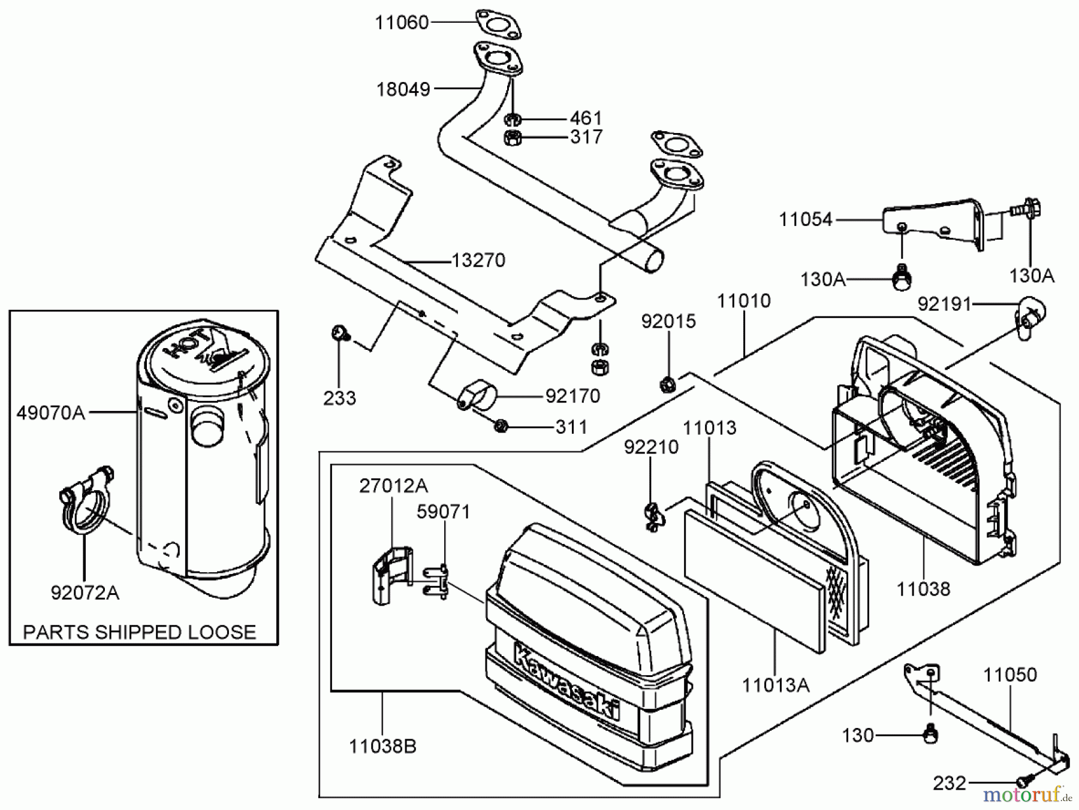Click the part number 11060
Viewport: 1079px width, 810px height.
(402, 23)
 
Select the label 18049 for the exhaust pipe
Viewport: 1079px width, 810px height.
(403, 90)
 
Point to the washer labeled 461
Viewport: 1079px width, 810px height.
(513, 119)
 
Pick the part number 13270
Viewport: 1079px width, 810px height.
(478, 261)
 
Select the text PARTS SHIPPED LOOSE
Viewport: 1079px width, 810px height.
(139, 632)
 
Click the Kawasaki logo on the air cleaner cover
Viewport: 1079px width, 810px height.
(566, 680)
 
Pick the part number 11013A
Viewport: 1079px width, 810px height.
(776, 685)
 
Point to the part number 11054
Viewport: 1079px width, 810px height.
(805, 220)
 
